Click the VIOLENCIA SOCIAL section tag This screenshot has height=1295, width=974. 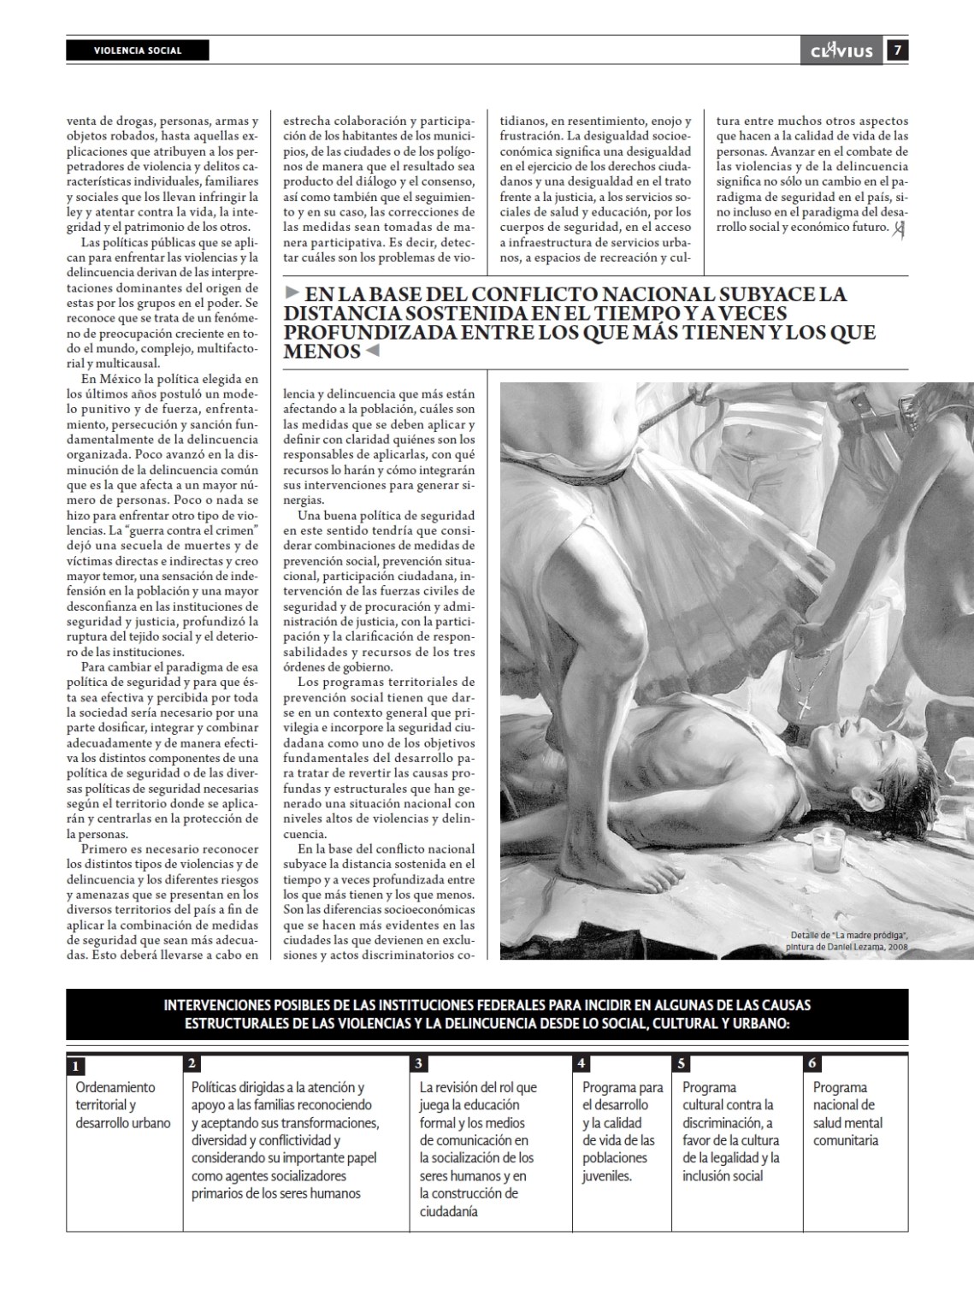point(137,50)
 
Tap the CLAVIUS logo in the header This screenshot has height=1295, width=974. point(841,51)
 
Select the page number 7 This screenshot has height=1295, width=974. point(897,50)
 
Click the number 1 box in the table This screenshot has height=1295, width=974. point(75,1066)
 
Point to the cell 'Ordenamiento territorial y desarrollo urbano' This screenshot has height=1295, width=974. point(123,1104)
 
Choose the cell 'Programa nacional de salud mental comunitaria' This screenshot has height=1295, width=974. point(847,1114)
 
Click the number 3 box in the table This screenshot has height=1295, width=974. point(419,1063)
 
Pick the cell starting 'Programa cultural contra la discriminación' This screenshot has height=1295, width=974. point(730,1131)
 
